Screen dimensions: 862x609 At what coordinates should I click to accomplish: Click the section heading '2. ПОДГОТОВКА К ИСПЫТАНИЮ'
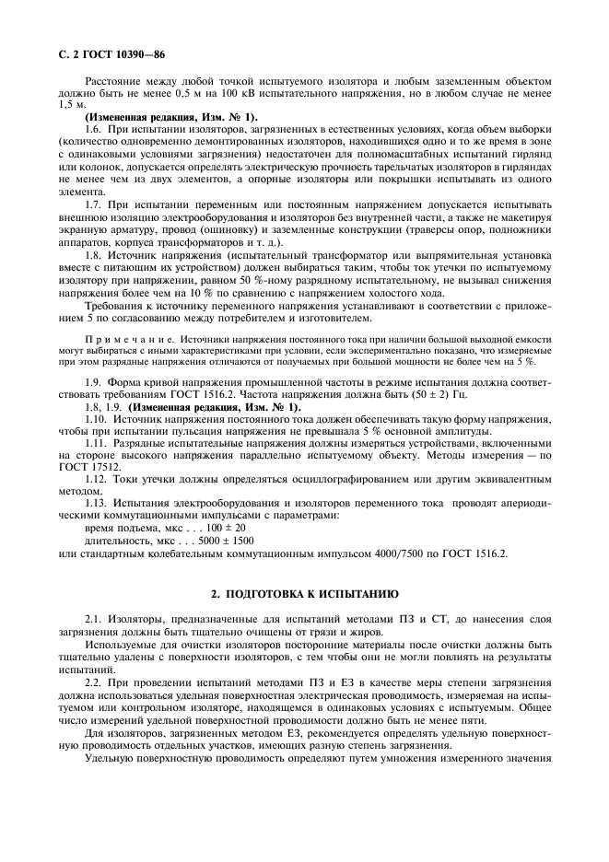(x=304, y=593)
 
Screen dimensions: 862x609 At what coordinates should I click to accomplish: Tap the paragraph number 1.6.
(x=94, y=130)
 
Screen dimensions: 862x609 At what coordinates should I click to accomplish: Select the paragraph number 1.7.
(x=94, y=202)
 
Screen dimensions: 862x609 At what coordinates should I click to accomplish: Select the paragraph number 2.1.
(x=94, y=624)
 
